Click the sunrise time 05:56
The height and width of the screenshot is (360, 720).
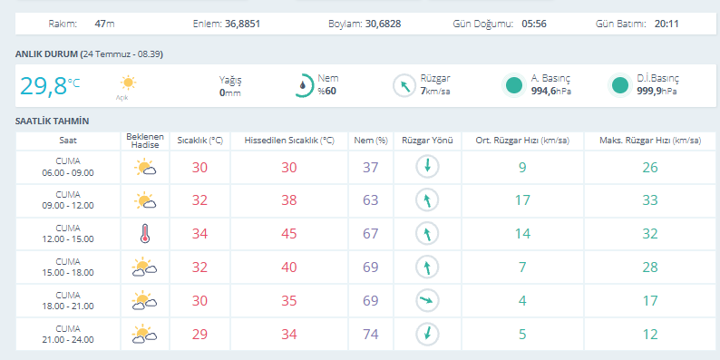point(534,24)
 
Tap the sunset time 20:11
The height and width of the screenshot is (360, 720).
point(666,24)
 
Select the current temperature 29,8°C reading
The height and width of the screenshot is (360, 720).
point(50,86)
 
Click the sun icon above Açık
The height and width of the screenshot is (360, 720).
point(128,83)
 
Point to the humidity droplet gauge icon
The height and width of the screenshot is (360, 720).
point(304,85)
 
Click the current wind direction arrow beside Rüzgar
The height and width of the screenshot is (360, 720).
point(404,86)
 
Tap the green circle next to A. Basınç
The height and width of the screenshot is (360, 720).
point(514,85)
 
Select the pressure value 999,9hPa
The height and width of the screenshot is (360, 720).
point(657,91)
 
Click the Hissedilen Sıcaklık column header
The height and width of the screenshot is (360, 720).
point(289,141)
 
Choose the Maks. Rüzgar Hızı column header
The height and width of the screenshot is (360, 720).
point(650,141)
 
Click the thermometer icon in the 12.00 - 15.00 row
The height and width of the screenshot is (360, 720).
point(145,234)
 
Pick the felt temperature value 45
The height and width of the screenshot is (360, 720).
point(289,234)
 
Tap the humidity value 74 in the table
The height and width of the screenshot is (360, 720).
point(371,335)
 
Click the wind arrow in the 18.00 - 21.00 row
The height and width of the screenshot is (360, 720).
point(427,301)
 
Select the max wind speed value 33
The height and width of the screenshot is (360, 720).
point(650,200)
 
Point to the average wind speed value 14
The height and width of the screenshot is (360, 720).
point(522,234)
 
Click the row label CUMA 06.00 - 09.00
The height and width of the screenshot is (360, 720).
point(68,167)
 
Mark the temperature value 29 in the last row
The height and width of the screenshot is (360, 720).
point(199,335)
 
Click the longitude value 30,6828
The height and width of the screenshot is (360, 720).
point(383,24)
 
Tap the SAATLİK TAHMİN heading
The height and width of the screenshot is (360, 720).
point(53,122)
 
